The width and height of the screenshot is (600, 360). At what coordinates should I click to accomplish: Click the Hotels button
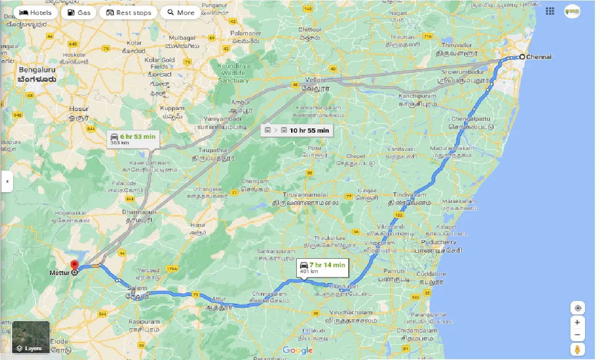[x=36, y=13]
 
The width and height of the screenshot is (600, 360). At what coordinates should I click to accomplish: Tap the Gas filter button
[x=78, y=13]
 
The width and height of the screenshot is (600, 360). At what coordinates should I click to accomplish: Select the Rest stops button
[x=128, y=13]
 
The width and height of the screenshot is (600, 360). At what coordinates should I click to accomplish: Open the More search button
[x=180, y=13]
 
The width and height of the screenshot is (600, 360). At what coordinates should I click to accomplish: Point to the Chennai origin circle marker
[x=522, y=57]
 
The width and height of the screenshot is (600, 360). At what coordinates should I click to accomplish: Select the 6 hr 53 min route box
[x=133, y=138]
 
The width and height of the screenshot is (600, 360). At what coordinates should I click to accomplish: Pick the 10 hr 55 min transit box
[x=296, y=130]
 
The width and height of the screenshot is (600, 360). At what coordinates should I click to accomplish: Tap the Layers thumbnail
[x=31, y=337]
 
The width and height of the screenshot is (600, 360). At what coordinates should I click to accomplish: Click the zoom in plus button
[x=577, y=322]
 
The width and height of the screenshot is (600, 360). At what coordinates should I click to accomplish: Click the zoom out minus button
[x=577, y=335]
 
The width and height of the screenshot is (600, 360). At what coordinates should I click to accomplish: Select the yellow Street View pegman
[x=577, y=350]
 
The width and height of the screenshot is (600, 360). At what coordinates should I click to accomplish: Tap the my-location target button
[x=577, y=308]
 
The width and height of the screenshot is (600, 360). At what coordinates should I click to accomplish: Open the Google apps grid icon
[x=550, y=11]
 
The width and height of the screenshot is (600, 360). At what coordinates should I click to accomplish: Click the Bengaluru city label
[x=37, y=70]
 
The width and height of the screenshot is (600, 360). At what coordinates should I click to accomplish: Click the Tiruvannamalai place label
[x=305, y=195]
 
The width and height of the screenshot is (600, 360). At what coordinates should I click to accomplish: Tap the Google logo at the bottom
[x=298, y=350]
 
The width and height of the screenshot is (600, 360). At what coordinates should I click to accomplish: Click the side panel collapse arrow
[x=7, y=181]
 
